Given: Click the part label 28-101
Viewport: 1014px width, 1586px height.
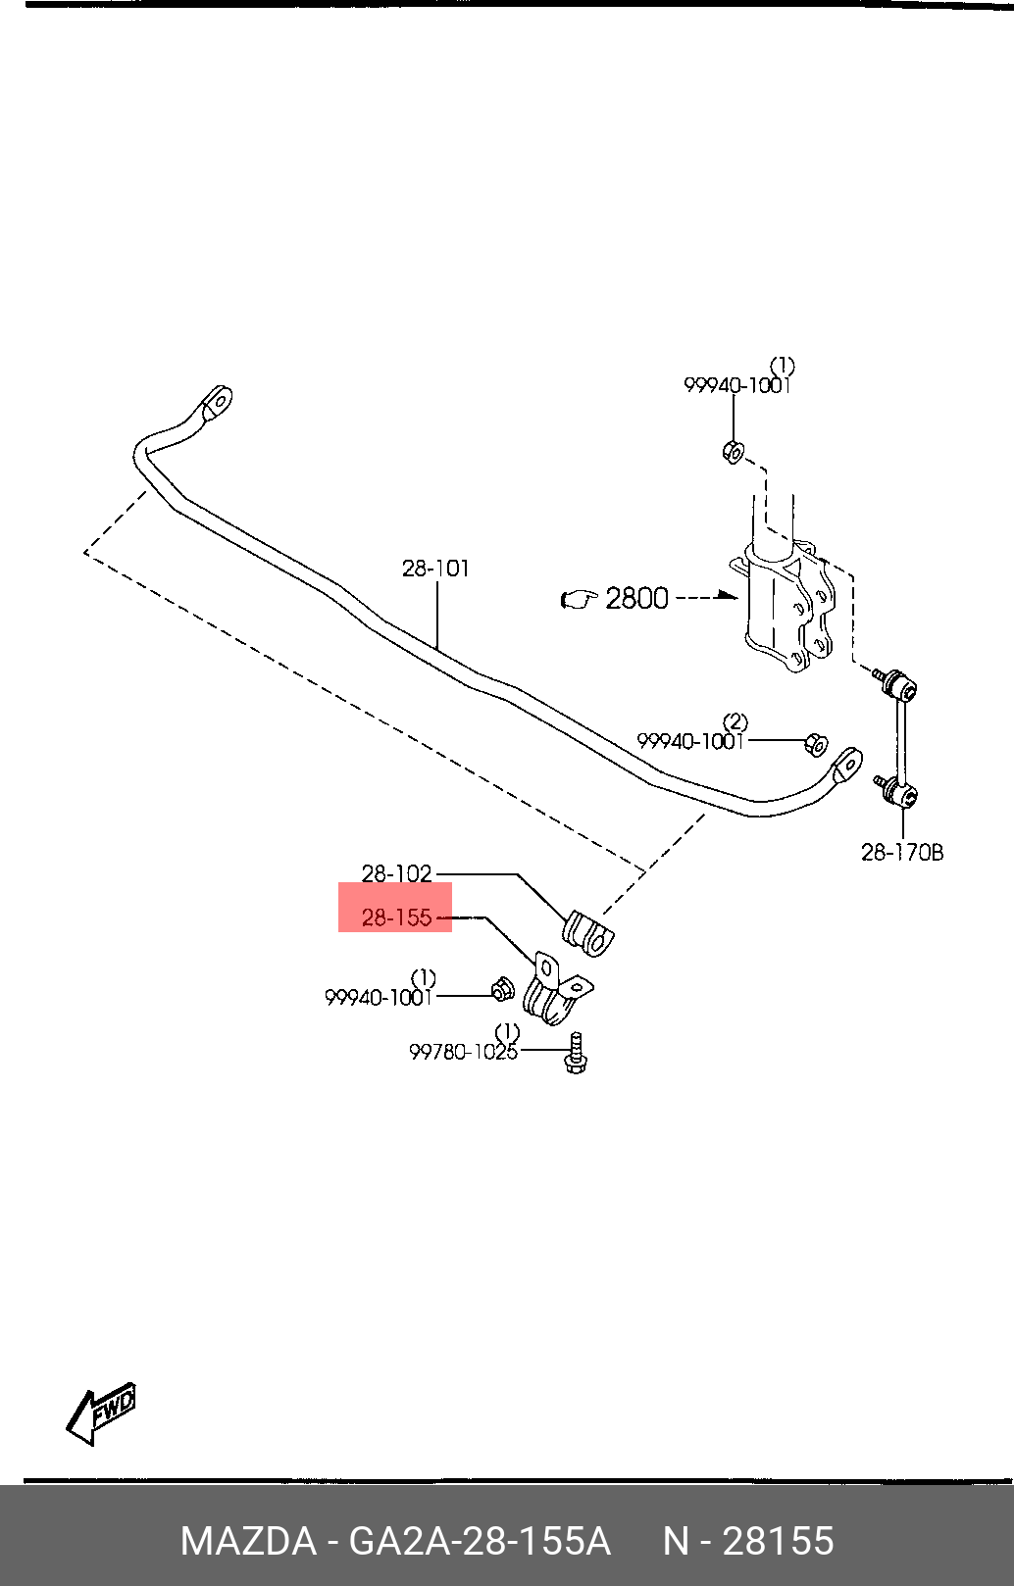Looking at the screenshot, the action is click(x=435, y=569).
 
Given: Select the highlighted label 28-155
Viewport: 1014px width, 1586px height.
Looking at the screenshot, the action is click(x=396, y=917).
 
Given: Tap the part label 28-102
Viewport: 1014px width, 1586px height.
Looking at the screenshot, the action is click(x=396, y=874).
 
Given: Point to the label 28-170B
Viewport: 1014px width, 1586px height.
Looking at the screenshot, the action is click(x=902, y=852).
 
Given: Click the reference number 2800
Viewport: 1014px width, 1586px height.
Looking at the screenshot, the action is click(x=636, y=599).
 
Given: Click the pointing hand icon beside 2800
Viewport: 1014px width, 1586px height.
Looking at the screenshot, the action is click(x=580, y=600).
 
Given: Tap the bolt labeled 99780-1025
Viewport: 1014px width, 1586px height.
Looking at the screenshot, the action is click(x=577, y=1054).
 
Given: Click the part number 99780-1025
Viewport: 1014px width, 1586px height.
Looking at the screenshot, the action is click(x=463, y=1052).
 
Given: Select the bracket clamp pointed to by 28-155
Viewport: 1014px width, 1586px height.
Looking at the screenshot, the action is click(x=557, y=988).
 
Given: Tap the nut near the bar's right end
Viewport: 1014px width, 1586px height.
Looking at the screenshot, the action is click(x=816, y=744).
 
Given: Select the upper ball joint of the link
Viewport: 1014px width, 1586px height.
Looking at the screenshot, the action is click(x=897, y=684).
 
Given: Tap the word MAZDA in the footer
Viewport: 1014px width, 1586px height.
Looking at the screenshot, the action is click(x=248, y=1540).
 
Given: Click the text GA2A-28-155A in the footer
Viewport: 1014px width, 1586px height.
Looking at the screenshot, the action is click(x=480, y=1540).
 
